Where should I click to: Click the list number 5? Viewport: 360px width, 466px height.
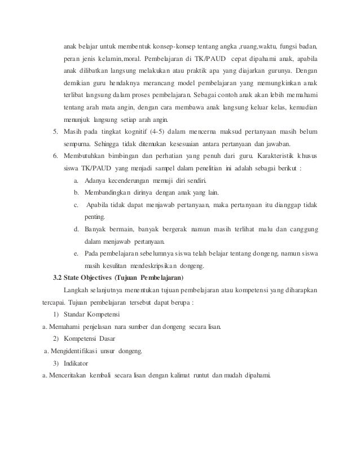pos(55,131)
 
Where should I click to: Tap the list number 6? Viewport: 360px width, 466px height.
pos(55,156)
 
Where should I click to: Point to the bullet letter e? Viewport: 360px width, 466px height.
pos(76,254)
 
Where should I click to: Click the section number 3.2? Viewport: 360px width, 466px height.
pos(58,279)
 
